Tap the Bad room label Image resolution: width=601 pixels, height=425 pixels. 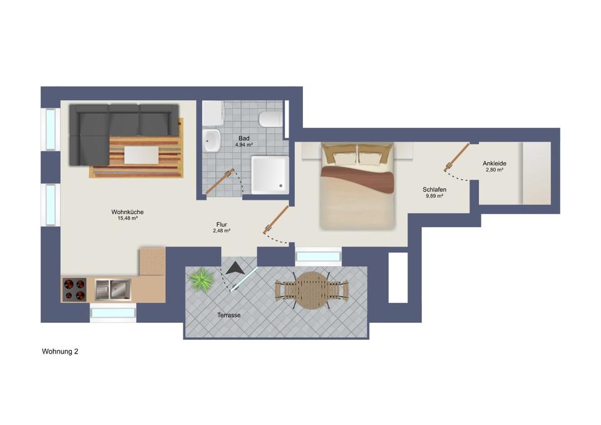tap(244, 138)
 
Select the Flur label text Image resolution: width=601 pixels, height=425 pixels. tap(222, 223)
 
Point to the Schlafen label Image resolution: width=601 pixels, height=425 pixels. tap(433, 189)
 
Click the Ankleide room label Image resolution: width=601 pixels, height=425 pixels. tap(494, 163)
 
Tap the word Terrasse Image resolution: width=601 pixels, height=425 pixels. tap(229, 315)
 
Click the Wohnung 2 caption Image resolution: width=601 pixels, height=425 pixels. tap(60, 352)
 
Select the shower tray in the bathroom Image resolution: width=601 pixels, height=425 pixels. tap(270, 173)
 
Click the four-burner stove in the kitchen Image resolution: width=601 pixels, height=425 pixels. tap(74, 289)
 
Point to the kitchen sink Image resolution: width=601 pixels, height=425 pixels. tap(112, 289)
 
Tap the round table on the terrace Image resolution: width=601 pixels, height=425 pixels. tap(311, 290)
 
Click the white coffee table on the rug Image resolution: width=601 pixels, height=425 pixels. tap(142, 153)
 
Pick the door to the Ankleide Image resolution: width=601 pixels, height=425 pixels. tap(457, 156)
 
